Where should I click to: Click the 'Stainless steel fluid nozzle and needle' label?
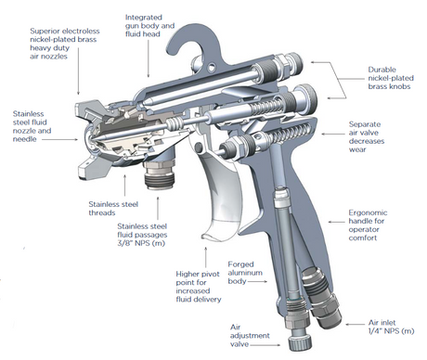click(x=32, y=121)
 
